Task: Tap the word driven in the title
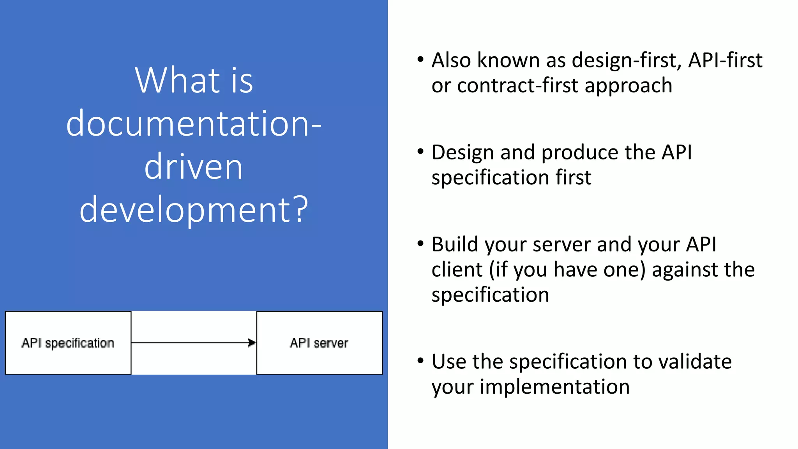coord(194,167)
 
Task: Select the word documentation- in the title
coord(194,124)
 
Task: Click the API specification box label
coord(68,343)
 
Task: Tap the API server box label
coord(319,343)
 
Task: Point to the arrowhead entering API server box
coord(252,343)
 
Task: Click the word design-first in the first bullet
coord(627,60)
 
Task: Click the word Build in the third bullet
coord(455,245)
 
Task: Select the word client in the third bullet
coord(457,270)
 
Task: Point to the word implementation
coord(554,387)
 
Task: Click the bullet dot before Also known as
coord(420,60)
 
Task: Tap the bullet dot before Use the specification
coord(420,361)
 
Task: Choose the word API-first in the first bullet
coord(725,60)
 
